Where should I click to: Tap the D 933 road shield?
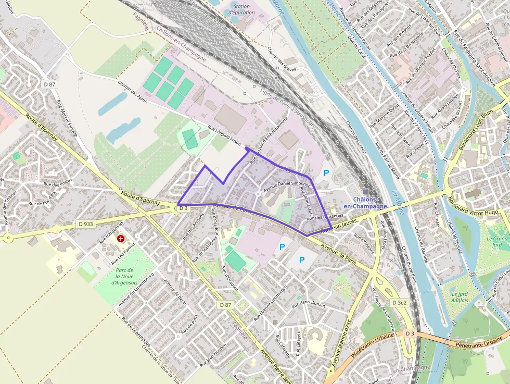(86, 224)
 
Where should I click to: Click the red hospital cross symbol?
(121, 238)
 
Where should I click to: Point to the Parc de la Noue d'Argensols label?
(124, 276)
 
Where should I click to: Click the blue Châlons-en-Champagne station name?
(369, 203)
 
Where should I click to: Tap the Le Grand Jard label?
(497, 242)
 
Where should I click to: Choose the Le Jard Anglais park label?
(461, 296)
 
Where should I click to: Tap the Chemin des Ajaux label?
(135, 92)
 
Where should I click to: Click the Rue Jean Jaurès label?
(341, 227)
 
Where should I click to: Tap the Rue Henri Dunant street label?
(308, 301)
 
